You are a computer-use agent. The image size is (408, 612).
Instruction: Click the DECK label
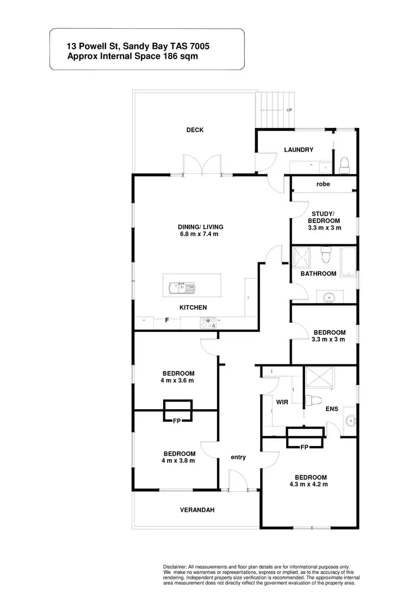(195, 130)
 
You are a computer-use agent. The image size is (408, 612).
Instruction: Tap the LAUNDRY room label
(299, 150)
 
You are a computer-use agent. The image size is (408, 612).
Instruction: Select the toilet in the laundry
(344, 164)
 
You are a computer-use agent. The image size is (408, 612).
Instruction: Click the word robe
(323, 184)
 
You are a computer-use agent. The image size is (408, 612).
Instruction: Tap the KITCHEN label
(193, 307)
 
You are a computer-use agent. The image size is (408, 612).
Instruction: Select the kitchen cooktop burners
(207, 323)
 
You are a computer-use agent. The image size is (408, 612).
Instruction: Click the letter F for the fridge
(167, 321)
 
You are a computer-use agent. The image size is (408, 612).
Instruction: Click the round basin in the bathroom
(328, 296)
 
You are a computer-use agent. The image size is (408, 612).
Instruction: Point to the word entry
(238, 458)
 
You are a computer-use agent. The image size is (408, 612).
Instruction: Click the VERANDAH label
(197, 510)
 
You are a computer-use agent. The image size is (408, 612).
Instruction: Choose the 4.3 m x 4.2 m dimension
(308, 484)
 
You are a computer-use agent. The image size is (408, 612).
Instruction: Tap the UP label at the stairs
(289, 110)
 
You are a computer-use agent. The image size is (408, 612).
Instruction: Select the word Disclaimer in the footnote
(175, 567)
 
